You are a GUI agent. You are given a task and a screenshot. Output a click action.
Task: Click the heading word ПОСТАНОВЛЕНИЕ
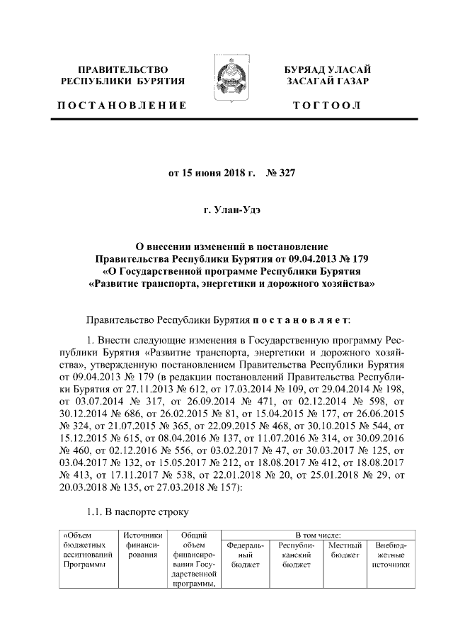(x=122, y=105)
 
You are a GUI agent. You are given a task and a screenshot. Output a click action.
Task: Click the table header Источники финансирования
(x=142, y=550)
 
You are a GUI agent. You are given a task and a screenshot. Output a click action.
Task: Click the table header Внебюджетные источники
(x=390, y=555)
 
